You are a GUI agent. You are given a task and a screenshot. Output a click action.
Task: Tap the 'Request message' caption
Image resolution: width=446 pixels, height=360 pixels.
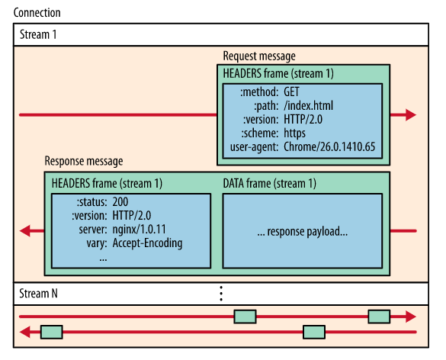coord(258,56)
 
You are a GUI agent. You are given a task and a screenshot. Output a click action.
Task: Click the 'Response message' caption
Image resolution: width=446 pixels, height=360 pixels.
coord(84,162)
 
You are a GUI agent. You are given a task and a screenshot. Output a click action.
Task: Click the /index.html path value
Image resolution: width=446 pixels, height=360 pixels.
coord(309,105)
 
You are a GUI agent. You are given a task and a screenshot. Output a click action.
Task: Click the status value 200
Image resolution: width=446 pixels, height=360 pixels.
coord(120,202)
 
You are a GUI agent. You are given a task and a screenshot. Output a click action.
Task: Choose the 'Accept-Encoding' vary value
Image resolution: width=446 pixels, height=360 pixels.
coord(147,243)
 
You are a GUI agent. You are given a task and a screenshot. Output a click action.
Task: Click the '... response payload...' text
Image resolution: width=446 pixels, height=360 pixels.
coord(302,230)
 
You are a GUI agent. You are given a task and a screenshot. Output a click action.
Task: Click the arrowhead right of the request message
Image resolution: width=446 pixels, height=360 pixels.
coord(410,115)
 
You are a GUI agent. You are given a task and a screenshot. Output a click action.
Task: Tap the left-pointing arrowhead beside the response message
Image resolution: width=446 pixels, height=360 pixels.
coord(26,230)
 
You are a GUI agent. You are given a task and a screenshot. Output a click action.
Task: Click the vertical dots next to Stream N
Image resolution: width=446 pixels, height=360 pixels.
coord(221,293)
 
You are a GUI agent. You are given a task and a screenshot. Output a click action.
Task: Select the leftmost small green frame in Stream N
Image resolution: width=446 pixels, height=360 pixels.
coord(51,332)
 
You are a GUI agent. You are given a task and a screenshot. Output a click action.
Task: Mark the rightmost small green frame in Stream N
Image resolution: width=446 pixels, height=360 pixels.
coord(379,316)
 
